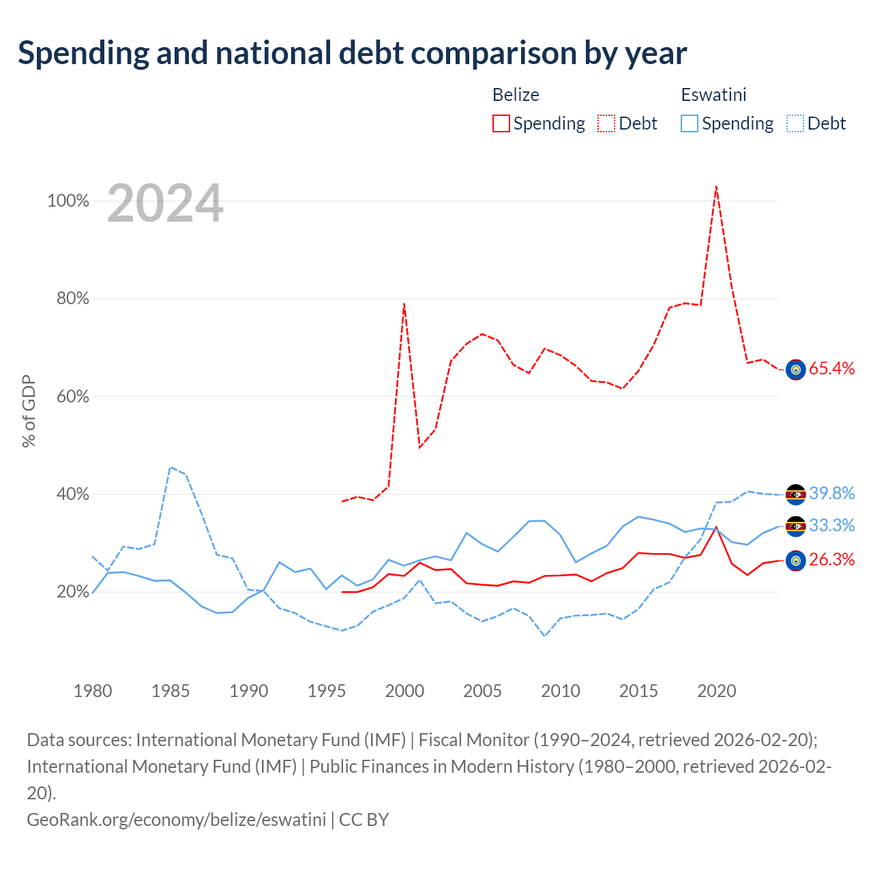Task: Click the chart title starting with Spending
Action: point(352,53)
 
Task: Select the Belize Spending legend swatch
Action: point(501,123)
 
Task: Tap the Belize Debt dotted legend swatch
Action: point(606,123)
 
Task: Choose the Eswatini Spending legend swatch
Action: point(689,123)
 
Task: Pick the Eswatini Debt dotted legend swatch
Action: point(794,123)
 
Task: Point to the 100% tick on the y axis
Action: point(68,201)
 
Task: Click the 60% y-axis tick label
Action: point(72,396)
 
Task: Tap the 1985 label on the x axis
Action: point(171,691)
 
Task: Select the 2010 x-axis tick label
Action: point(560,691)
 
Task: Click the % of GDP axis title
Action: point(29,411)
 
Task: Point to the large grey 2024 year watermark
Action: point(165,203)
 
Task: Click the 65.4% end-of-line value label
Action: point(831,368)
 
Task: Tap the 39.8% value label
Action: point(831,493)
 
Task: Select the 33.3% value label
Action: point(831,525)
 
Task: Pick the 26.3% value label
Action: point(831,559)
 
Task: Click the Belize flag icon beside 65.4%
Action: point(795,370)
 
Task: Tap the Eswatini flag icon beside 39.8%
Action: point(795,494)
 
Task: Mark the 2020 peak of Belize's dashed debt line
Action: point(716,186)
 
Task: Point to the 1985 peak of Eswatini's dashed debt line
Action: point(171,467)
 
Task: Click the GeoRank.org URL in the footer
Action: point(176,820)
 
